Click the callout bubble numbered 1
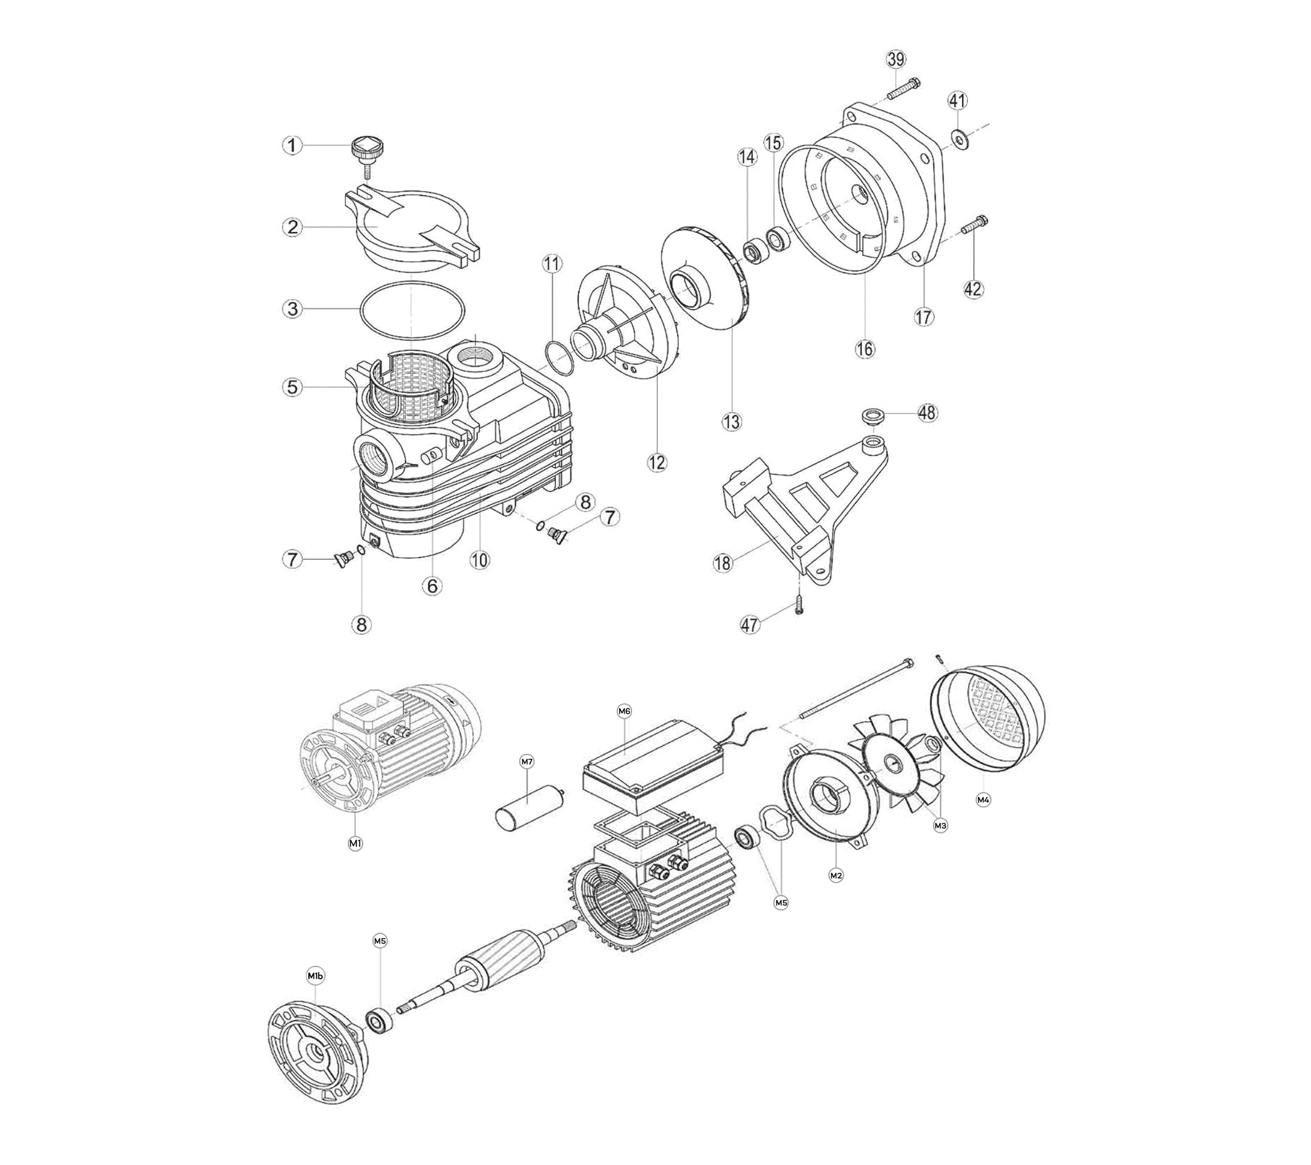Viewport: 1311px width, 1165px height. [292, 145]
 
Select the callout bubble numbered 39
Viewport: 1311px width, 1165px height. [896, 59]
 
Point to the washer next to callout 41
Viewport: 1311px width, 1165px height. [958, 139]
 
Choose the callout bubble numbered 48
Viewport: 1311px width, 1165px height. [927, 413]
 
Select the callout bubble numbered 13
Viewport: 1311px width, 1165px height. [731, 422]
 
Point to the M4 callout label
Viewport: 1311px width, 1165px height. [983, 799]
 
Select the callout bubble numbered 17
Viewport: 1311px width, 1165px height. [924, 317]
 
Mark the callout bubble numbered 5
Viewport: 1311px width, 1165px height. [292, 387]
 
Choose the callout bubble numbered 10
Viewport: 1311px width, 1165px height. [479, 560]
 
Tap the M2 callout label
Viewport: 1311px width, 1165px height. [836, 875]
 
